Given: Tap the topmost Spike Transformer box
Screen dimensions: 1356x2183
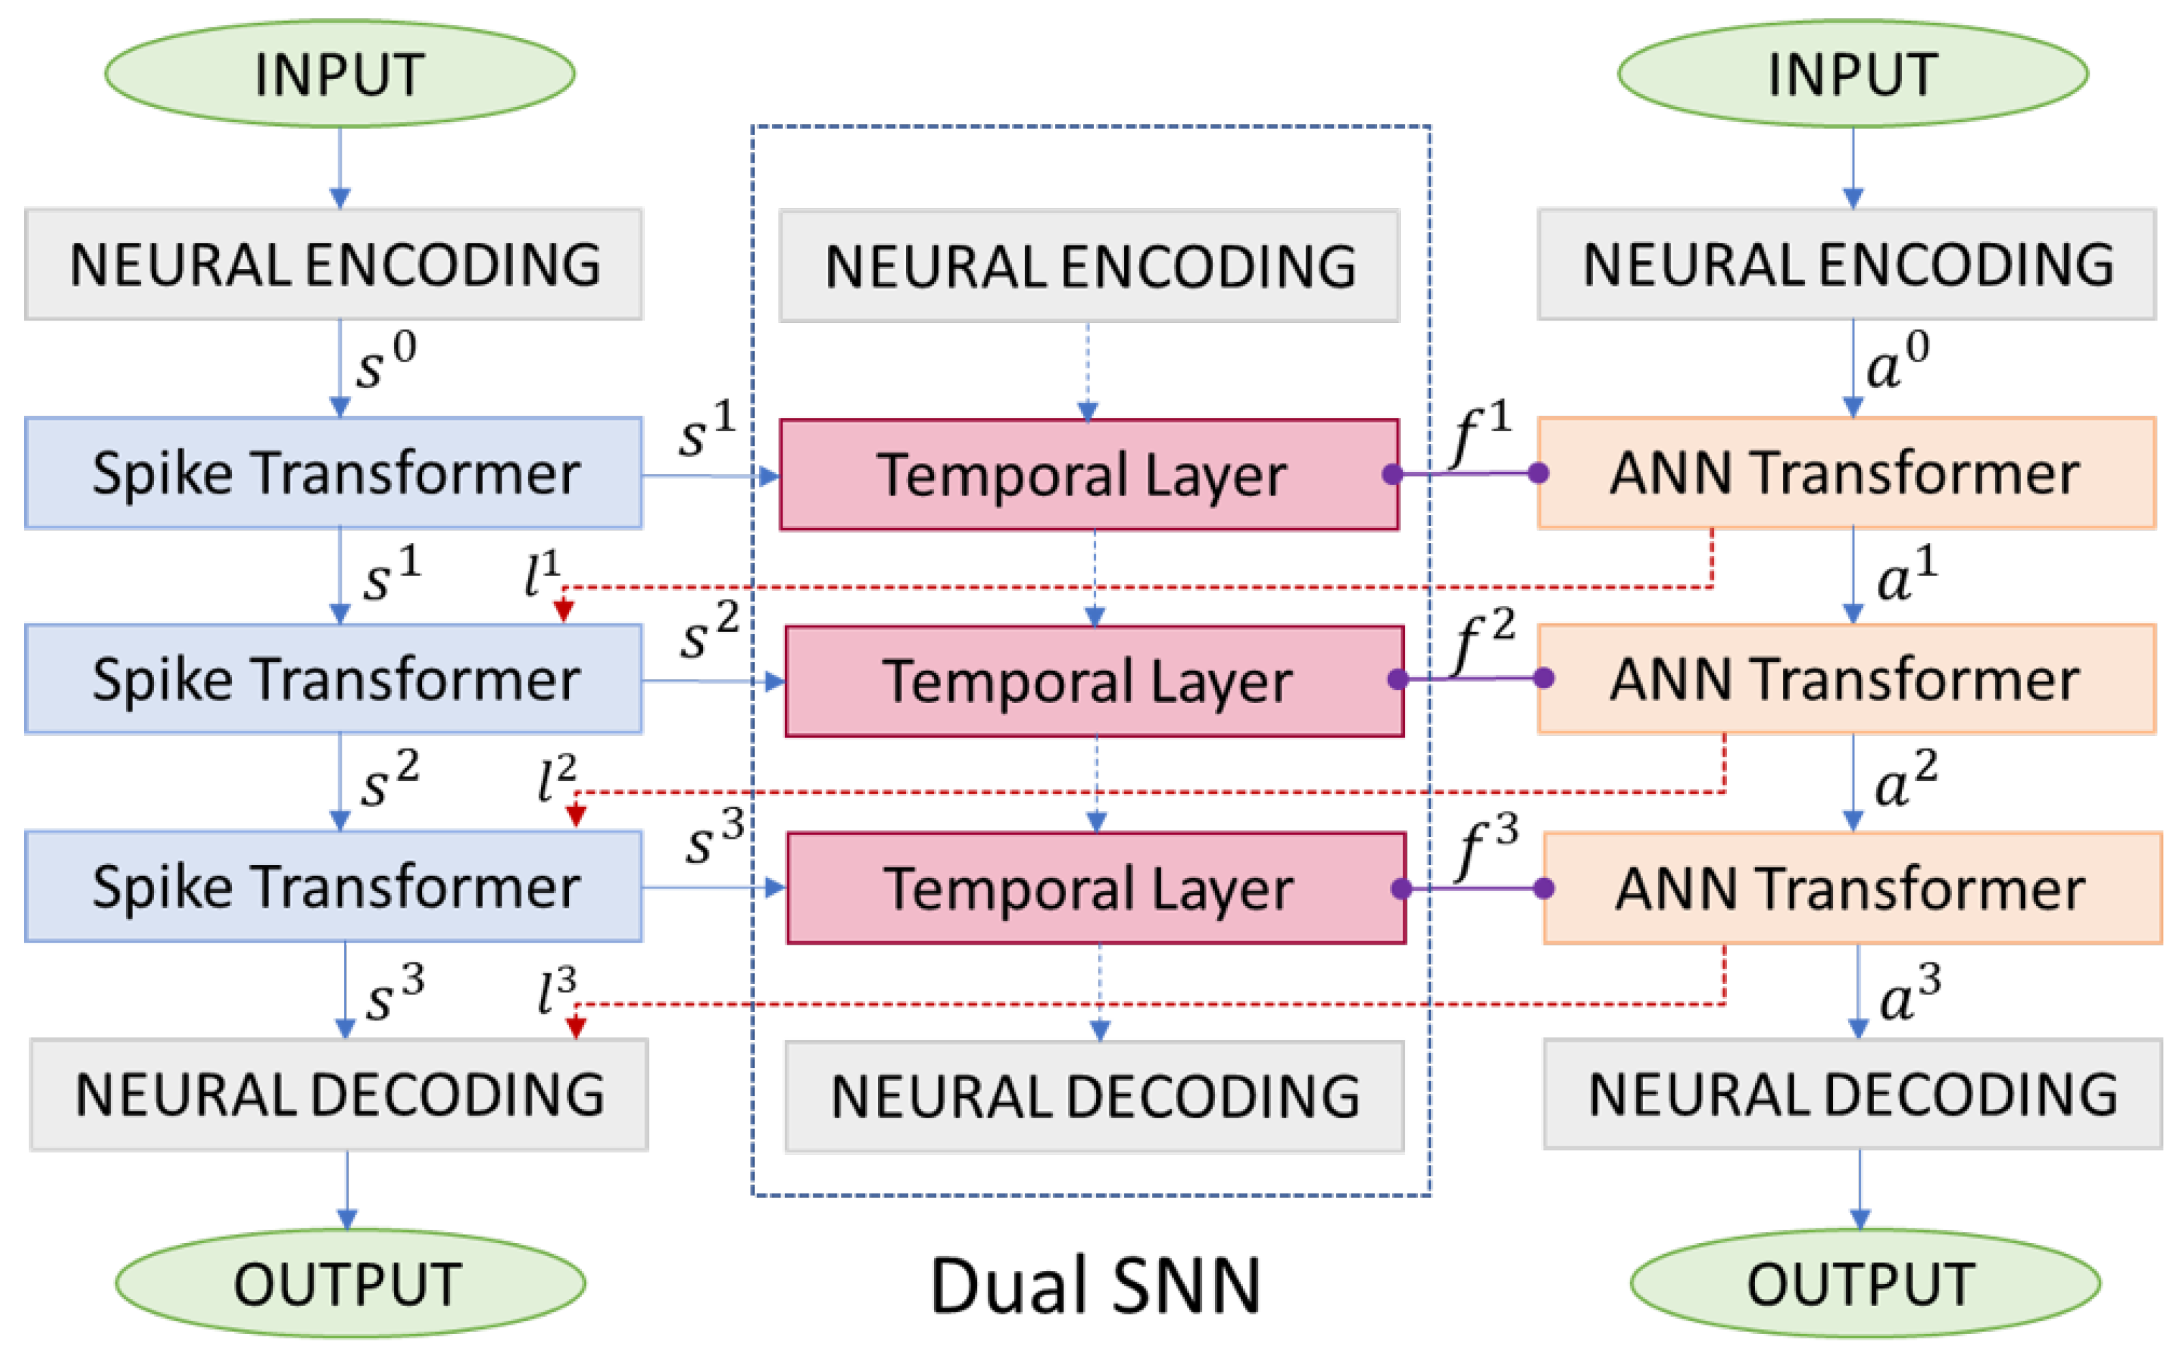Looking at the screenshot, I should coord(334,473).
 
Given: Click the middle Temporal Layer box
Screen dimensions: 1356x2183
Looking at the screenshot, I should coord(1093,682).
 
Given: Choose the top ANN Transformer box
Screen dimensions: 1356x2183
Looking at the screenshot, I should coord(1847,473).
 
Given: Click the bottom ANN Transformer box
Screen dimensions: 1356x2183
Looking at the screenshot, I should coord(1852,888).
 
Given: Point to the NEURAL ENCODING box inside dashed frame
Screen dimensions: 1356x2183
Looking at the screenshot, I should coord(1090,266).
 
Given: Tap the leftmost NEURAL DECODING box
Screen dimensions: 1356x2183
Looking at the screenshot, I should coord(339,1094).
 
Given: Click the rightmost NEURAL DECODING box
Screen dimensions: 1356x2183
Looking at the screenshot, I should coord(1852,1094).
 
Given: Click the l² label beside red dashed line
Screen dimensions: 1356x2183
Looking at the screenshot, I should coord(557,778).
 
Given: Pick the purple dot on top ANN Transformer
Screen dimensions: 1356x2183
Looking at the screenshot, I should coord(1538,473).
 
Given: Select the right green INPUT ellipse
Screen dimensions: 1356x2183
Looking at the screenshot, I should coord(1853,74).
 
